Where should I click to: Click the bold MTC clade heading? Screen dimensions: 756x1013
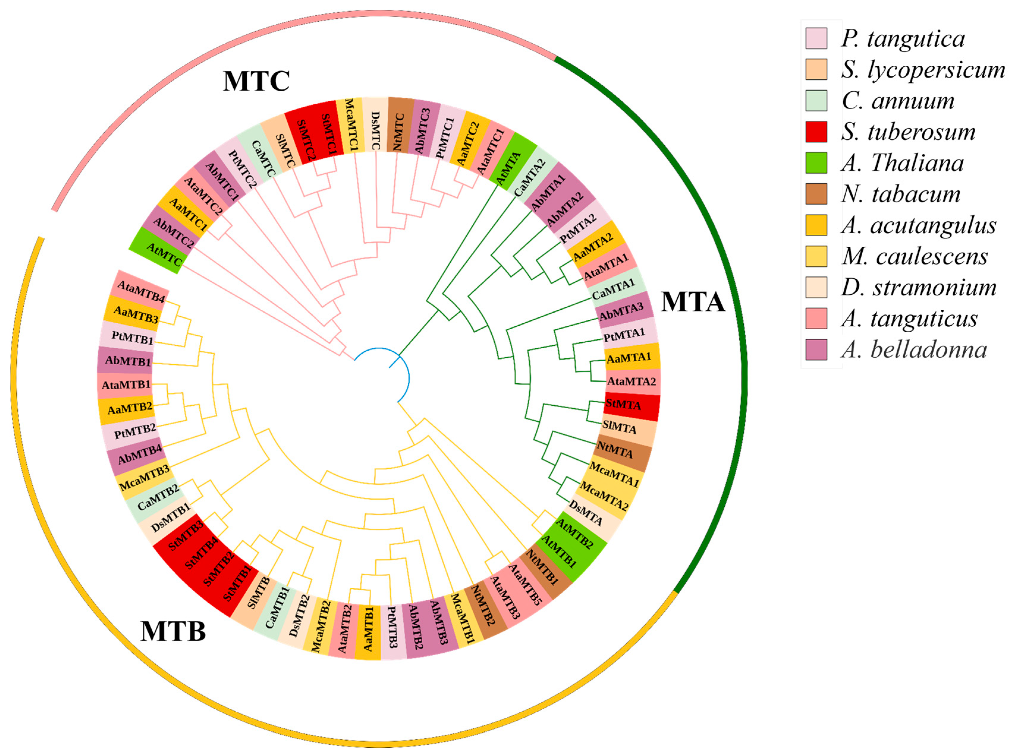256,81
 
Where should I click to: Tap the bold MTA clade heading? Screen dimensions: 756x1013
693,302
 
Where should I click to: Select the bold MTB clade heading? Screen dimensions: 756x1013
173,631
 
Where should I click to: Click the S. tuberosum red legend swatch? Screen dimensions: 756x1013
816,132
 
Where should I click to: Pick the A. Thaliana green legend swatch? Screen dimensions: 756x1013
816,163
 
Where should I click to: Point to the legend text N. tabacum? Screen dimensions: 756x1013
900,194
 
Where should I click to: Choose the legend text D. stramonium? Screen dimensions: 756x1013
918,287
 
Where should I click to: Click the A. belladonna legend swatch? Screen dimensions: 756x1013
816,350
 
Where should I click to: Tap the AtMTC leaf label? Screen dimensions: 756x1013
164,254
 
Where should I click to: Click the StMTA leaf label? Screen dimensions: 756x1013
623,404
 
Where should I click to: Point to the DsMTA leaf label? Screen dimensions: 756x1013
586,514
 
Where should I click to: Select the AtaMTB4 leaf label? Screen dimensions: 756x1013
141,292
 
